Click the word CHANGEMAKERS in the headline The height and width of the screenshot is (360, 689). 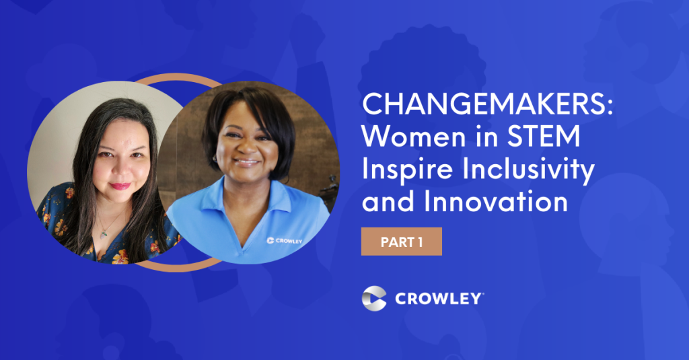483,104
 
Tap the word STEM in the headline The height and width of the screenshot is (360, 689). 544,137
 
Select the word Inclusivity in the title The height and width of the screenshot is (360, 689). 529,170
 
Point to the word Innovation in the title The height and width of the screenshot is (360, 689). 496,201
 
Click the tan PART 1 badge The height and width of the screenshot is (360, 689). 401,242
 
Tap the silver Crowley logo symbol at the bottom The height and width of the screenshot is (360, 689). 374,299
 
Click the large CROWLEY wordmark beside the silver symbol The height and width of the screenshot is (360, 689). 439,299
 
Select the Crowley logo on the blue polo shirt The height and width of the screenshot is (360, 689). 285,241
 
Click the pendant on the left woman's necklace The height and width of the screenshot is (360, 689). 104,234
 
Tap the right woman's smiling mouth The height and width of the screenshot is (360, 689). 246,162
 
